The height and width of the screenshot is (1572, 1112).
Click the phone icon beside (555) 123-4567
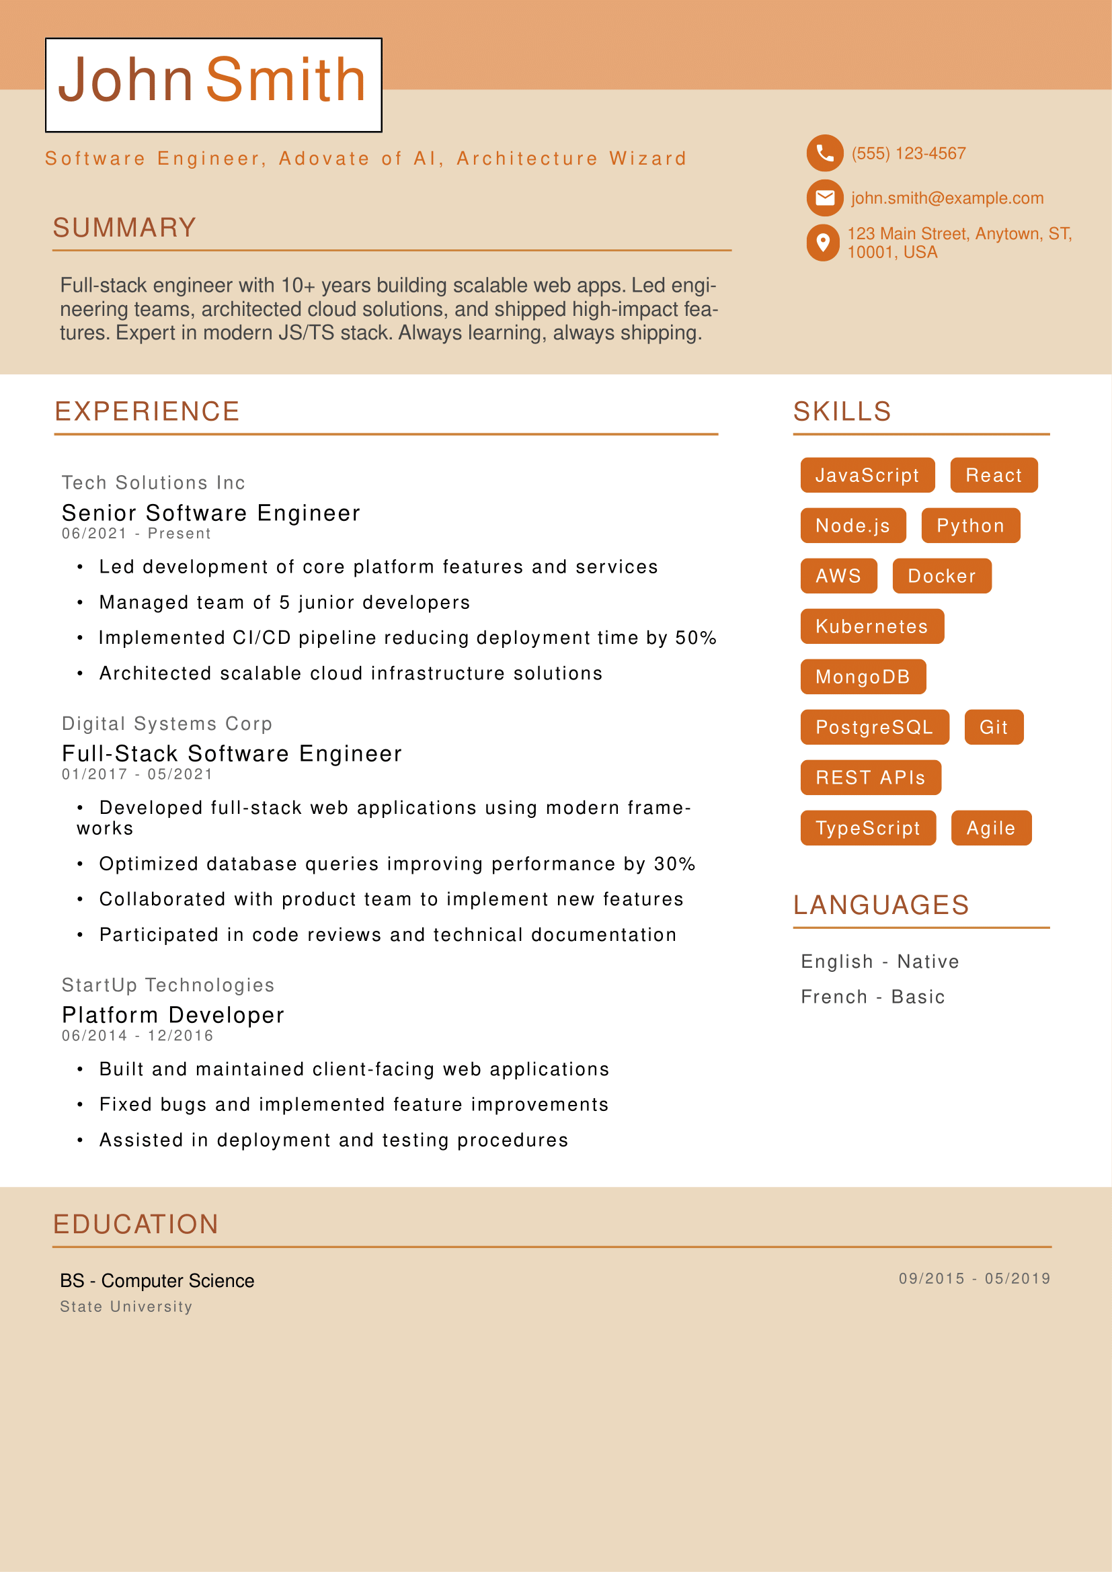824,153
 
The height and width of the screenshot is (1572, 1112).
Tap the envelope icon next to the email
824,198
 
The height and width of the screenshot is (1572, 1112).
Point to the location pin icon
823,243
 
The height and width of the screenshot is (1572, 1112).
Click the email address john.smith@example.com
947,198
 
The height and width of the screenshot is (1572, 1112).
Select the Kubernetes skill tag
872,626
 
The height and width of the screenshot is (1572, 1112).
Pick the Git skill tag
994,727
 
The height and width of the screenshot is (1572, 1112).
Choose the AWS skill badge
838,576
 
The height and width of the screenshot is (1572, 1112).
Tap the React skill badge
994,475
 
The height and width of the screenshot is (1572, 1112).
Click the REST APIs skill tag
870,778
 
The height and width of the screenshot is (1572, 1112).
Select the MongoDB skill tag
863,677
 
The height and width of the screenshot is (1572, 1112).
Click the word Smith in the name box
286,80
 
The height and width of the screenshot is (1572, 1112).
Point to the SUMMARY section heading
124,228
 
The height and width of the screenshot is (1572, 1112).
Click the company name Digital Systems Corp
167,724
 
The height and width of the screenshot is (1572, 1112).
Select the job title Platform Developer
173,1015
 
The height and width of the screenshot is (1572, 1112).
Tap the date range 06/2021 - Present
136,534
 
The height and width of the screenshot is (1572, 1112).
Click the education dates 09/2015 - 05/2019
974,1278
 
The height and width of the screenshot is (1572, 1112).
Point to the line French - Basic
873,997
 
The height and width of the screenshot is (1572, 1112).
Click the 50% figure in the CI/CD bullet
696,638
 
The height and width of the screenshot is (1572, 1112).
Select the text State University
126,1307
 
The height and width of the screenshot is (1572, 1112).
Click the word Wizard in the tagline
647,159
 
